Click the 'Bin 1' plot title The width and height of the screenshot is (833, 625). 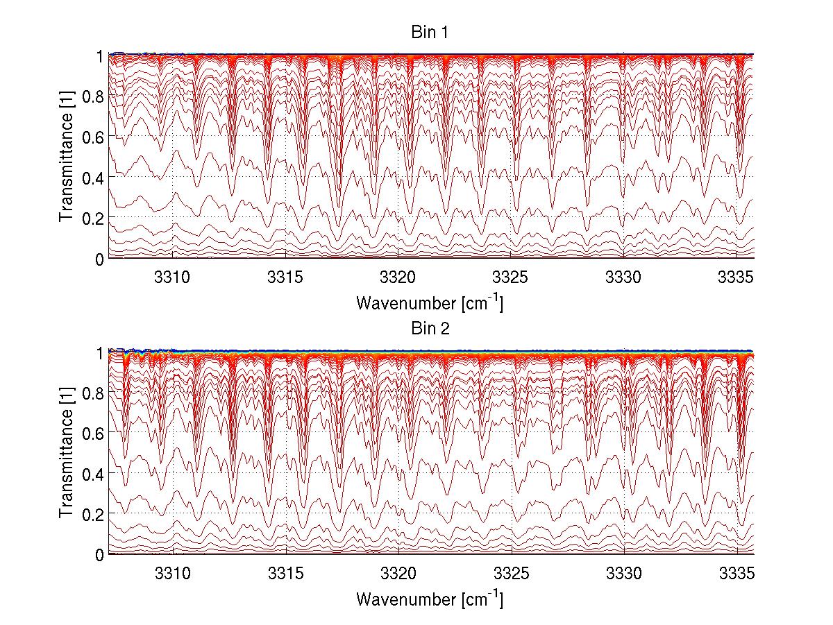coord(431,33)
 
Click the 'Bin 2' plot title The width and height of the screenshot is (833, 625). coord(431,329)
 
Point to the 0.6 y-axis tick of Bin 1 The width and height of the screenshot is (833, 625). coord(94,137)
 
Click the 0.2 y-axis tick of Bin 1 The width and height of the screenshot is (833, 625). coord(94,218)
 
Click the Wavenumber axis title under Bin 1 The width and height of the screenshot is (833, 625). coord(430,302)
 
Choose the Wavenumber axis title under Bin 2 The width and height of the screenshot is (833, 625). coord(430,599)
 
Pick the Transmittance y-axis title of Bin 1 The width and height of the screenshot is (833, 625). coord(66,157)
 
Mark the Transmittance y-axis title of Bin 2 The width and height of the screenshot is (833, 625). coord(66,453)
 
